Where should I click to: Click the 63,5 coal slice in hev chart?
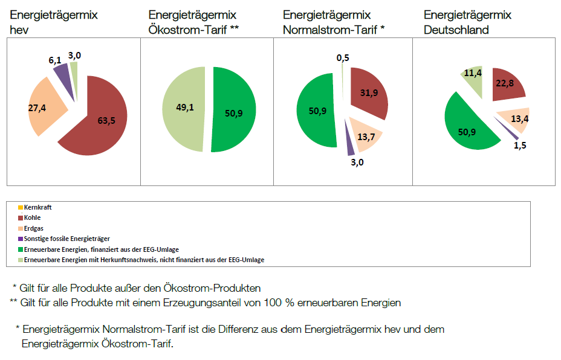click(x=104, y=121)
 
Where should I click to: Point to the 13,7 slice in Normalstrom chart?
click(x=366, y=136)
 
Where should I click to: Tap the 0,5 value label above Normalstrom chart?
click(x=342, y=57)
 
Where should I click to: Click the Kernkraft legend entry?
click(x=38, y=207)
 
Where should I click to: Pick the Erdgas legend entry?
click(x=34, y=228)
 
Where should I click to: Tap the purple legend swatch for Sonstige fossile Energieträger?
click(x=21, y=239)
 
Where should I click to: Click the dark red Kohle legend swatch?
click(x=21, y=218)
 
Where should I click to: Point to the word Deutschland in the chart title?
click(x=456, y=30)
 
